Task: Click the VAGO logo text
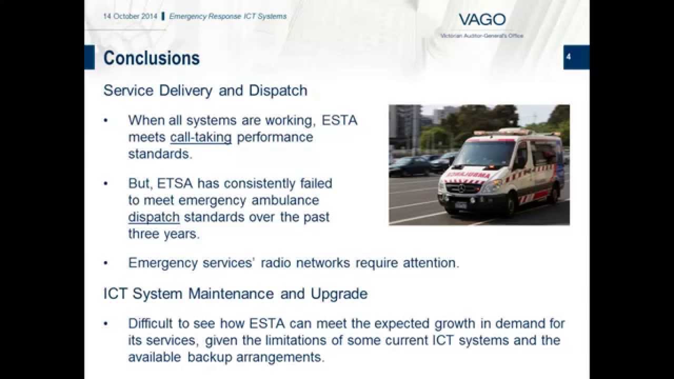tap(482, 20)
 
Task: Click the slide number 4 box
tap(576, 57)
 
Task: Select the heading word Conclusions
tap(151, 58)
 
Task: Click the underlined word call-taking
tap(201, 137)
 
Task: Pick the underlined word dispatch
tap(154, 217)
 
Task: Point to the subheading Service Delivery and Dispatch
tap(205, 91)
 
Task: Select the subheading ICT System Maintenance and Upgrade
tap(235, 293)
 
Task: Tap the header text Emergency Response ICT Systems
tap(227, 16)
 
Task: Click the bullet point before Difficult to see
tap(106, 323)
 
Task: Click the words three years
tap(164, 234)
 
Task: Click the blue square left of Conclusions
tap(89, 57)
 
